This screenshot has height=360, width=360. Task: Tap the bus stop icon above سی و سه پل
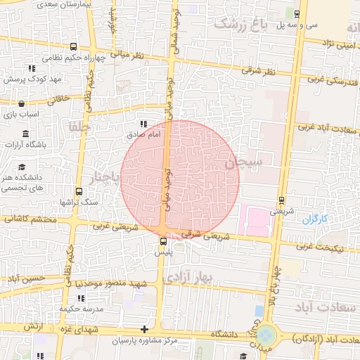(297, 13)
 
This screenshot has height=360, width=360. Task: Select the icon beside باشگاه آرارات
(25, 134)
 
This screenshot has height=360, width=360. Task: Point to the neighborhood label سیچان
(243, 163)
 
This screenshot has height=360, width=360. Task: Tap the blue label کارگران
(316, 219)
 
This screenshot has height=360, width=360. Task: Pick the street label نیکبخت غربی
(314, 246)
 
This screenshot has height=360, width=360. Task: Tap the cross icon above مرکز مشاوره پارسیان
(144, 329)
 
